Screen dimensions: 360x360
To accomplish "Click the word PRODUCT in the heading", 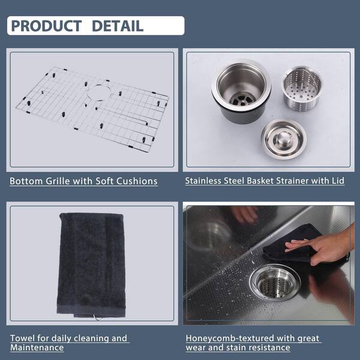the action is (46, 26).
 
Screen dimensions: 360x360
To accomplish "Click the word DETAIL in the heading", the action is (118, 26).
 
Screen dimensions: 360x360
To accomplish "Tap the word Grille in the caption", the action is (58, 181).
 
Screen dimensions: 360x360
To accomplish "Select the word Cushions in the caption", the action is (137, 181).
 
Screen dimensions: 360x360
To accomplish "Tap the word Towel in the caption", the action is (23, 338).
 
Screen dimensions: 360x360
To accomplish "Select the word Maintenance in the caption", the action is (37, 347).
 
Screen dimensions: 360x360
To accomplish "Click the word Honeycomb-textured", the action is (230, 338).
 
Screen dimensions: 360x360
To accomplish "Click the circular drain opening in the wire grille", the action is (99, 92).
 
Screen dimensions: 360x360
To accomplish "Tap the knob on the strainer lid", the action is (283, 138).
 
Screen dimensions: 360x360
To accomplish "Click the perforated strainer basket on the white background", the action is (301, 88).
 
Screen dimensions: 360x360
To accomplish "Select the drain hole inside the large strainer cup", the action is (242, 99).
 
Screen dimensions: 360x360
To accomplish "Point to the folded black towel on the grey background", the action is (91, 265).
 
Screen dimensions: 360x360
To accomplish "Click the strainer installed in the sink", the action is (275, 283).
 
